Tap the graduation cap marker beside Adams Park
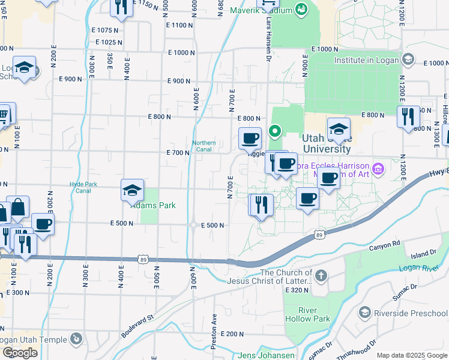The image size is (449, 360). tap(132, 191)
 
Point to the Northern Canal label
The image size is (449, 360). tap(203, 146)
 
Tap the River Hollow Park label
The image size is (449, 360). tap(308, 314)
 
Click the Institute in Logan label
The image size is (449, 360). tap(366, 60)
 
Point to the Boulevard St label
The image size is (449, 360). tap(137, 325)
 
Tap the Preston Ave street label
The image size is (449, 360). tap(214, 330)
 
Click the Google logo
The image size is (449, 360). tap(20, 353)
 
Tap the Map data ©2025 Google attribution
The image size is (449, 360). tap(411, 355)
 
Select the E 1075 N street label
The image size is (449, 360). tap(106, 30)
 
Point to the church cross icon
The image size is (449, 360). tap(321, 276)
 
